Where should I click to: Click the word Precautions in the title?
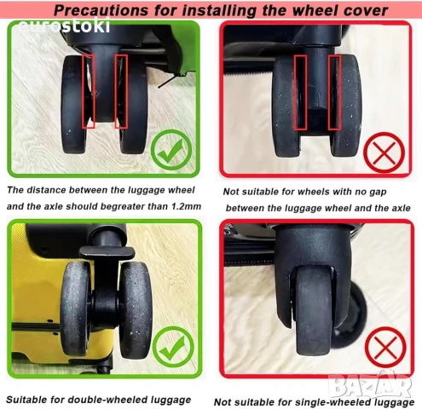click(101, 10)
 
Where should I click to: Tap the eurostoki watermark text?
click(64, 26)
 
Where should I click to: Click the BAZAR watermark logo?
click(370, 386)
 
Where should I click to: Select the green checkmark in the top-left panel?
click(171, 150)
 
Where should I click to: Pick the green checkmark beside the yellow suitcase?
click(173, 347)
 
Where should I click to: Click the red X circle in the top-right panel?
click(384, 153)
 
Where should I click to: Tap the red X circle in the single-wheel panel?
click(385, 348)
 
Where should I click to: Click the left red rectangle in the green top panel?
click(88, 91)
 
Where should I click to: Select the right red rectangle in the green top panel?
click(121, 91)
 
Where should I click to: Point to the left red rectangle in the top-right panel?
click(300, 93)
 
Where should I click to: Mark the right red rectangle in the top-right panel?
click(334, 93)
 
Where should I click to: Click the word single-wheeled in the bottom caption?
click(333, 402)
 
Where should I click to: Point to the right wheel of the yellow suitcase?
click(136, 309)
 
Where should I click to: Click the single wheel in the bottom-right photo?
click(313, 310)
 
